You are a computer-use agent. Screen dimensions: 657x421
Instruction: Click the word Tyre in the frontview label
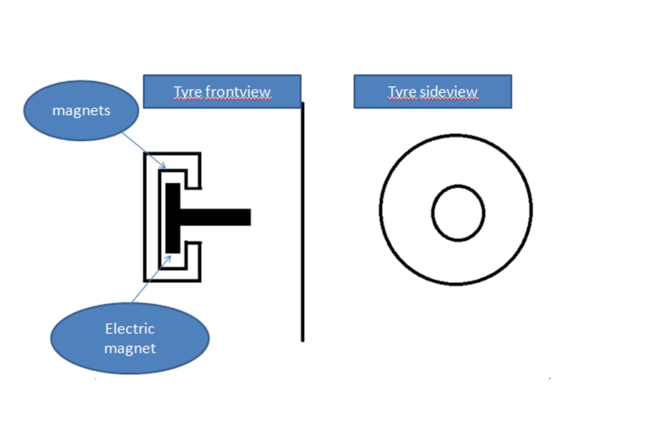tap(187, 91)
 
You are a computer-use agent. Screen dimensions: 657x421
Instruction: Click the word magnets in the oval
tap(81, 111)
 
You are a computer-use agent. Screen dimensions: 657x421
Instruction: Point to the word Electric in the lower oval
tap(130, 329)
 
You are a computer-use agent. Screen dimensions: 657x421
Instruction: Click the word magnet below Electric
tap(130, 348)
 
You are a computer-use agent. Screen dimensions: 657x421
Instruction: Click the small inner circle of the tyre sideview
tap(458, 213)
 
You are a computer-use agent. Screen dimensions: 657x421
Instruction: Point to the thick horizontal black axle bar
tap(217, 216)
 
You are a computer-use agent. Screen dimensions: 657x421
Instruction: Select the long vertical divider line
tap(303, 263)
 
